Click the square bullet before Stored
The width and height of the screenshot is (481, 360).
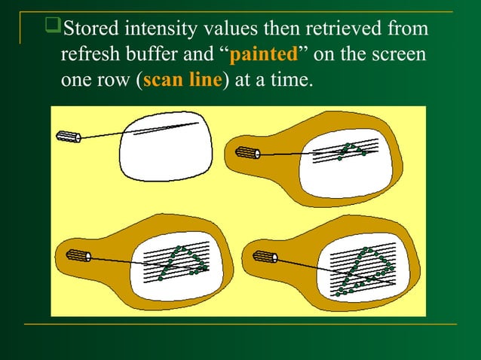click(53, 30)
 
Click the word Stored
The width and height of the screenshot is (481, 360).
click(89, 31)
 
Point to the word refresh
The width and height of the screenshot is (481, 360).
click(87, 56)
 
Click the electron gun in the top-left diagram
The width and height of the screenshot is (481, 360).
click(68, 136)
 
